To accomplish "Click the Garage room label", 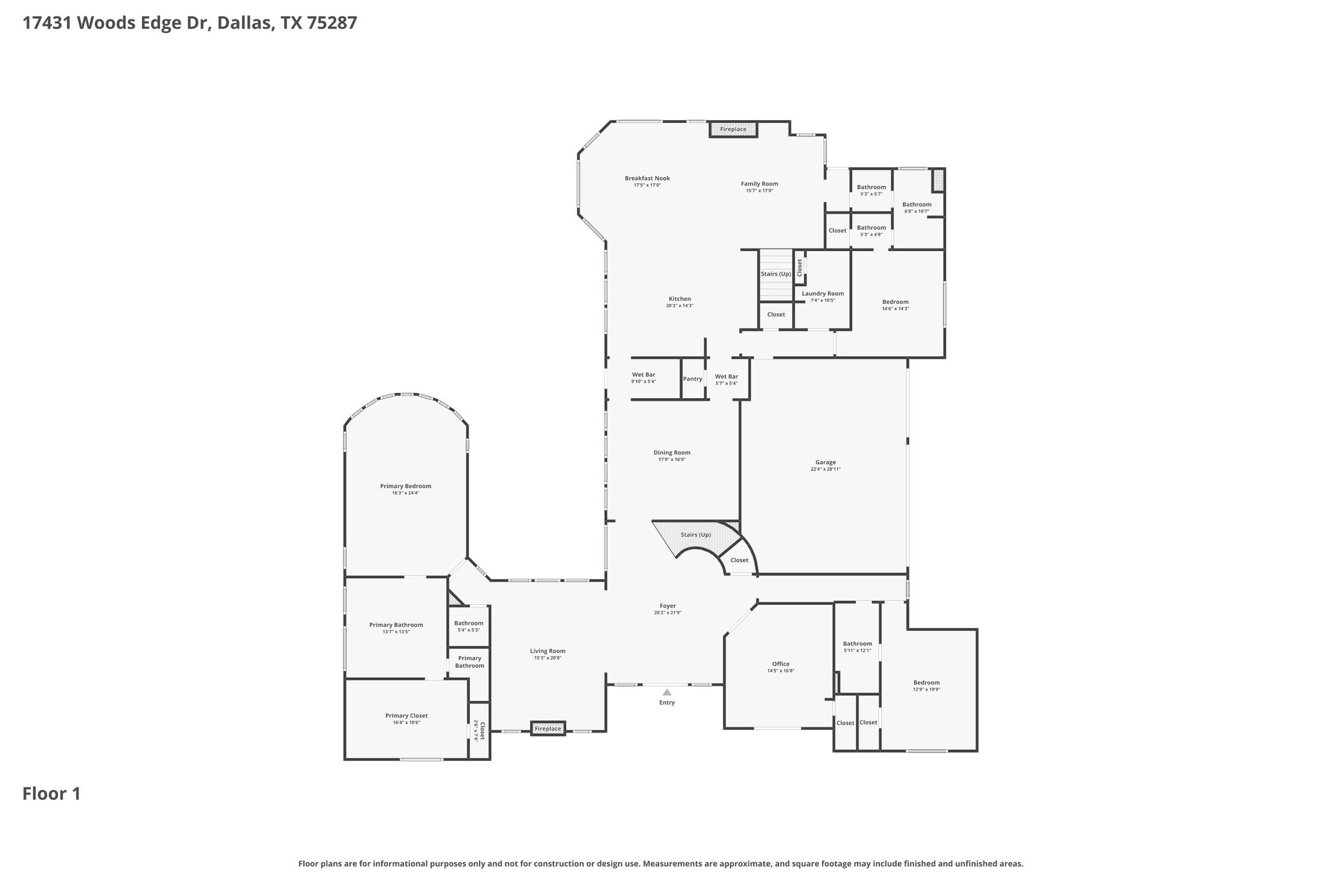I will (x=825, y=462).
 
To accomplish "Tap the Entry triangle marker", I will (x=667, y=693).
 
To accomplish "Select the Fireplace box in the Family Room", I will (x=733, y=130).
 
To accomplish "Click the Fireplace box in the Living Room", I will (x=548, y=729).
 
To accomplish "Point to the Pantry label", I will (x=693, y=379).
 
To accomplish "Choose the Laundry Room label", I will (x=822, y=294).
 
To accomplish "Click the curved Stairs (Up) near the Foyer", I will (x=696, y=535).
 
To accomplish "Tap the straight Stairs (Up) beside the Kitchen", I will (x=775, y=274).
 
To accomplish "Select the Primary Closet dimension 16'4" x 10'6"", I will (x=406, y=723).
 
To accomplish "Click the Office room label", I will (x=780, y=664).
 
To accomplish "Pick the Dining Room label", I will (x=671, y=453).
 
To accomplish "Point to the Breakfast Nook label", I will (x=647, y=179).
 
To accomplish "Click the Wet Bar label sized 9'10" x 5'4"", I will (x=643, y=375).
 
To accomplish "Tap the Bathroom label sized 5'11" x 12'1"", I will (x=857, y=643).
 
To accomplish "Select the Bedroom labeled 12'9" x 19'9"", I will (x=926, y=683).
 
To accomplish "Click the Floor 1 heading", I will (x=52, y=794).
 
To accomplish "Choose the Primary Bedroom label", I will (x=405, y=487).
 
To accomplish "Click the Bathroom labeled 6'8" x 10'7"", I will (x=917, y=205).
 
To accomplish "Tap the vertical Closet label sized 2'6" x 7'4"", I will (x=480, y=731).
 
